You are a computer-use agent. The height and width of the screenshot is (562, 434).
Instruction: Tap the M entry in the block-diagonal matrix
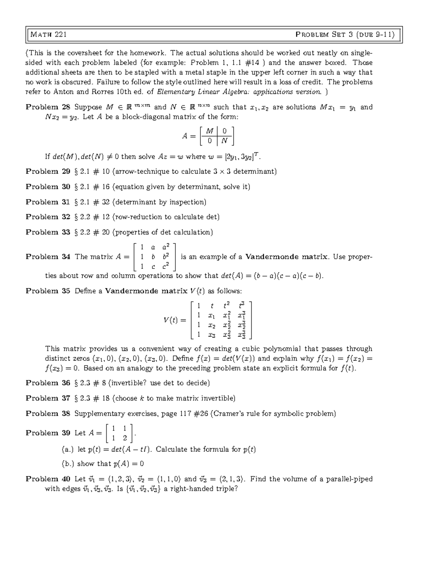click(x=209, y=131)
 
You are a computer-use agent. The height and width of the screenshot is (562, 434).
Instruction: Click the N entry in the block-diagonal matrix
click(x=225, y=141)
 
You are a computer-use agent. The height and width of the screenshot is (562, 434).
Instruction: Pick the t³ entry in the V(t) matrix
click(x=242, y=305)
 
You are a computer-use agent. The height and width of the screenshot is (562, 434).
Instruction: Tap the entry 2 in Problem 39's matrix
click(x=125, y=438)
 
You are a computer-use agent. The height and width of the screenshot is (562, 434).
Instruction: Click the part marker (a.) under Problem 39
click(x=68, y=449)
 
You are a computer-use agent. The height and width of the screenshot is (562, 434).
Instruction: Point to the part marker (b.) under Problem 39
click(x=68, y=464)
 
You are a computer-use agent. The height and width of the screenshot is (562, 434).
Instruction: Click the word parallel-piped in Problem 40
click(x=349, y=479)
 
